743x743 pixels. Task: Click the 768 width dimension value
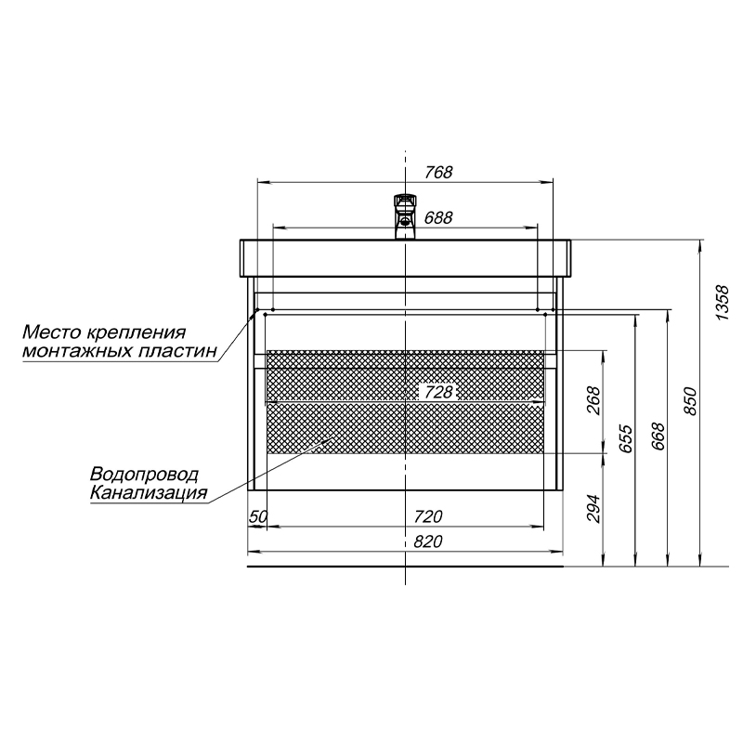438,172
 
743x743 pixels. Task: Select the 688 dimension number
438,217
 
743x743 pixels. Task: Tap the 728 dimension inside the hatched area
438,392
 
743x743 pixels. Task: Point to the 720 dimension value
428,516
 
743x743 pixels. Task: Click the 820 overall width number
428,541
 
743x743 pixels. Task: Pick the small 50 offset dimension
259,516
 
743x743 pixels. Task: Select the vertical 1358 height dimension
722,303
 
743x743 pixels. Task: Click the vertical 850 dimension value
691,401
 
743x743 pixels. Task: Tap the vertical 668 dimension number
658,437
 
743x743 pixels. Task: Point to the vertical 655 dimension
625,438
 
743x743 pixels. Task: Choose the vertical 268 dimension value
593,401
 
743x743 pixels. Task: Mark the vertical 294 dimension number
593,508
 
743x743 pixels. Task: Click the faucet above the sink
405,216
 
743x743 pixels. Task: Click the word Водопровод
145,475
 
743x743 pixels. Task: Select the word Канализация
149,493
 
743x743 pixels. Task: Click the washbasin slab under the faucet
405,258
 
